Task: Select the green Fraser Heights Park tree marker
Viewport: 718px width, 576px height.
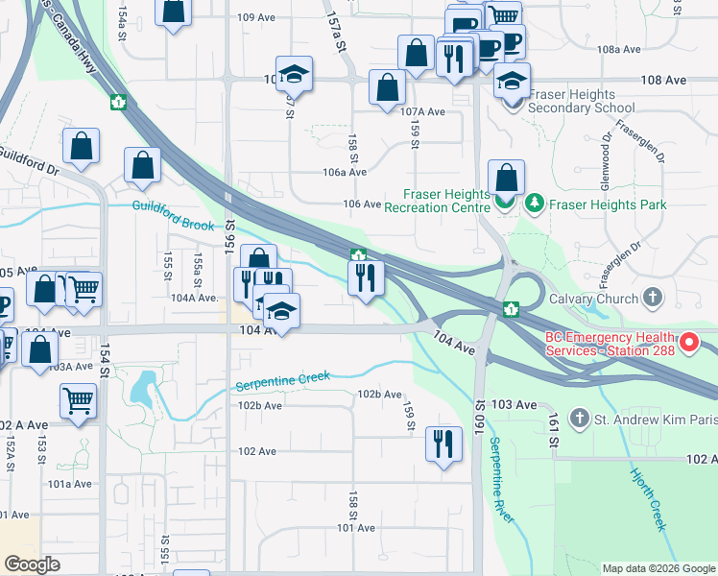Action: [x=534, y=204]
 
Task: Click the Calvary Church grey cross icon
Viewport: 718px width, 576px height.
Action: [x=654, y=298]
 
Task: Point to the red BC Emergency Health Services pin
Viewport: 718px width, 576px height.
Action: [x=689, y=342]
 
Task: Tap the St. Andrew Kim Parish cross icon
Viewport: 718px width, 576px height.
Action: [x=579, y=418]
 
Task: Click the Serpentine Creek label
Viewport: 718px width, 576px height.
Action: [x=283, y=381]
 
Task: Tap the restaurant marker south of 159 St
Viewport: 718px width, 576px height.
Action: [x=443, y=444]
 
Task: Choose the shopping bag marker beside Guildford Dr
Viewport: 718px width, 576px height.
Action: [x=82, y=146]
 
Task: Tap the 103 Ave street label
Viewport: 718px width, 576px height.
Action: [x=514, y=406]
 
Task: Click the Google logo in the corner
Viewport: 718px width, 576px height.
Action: [x=33, y=564]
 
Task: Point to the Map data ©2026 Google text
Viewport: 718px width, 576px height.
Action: [x=658, y=568]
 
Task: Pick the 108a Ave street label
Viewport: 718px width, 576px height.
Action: [x=618, y=49]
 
